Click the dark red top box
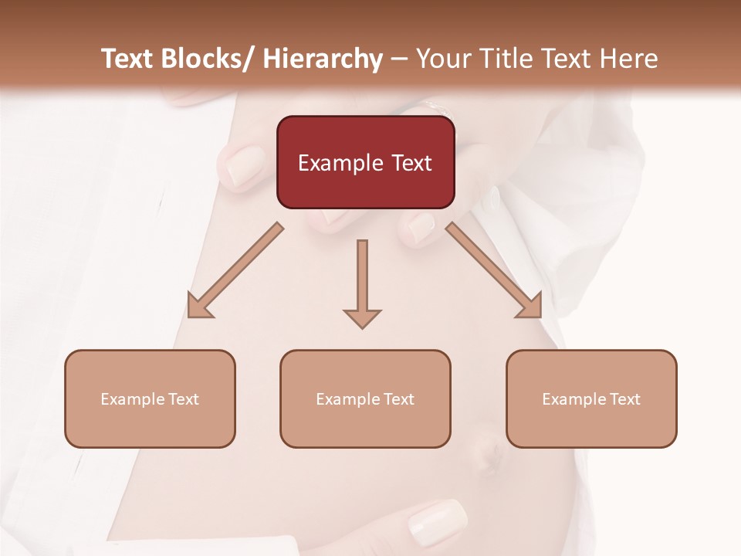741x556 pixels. click(x=365, y=162)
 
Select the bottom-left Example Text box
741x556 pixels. click(x=150, y=398)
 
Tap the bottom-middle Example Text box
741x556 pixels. click(x=365, y=398)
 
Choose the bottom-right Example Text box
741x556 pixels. click(x=591, y=398)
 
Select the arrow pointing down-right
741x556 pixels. click(x=494, y=270)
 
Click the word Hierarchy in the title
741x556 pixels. click(x=323, y=59)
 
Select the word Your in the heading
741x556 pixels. click(x=443, y=59)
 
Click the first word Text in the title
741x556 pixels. click(x=128, y=59)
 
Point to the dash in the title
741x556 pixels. click(x=399, y=59)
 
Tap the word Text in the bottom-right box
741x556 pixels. click(x=624, y=399)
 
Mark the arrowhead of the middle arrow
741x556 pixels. click(x=362, y=317)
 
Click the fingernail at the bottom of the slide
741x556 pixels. click(x=437, y=521)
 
